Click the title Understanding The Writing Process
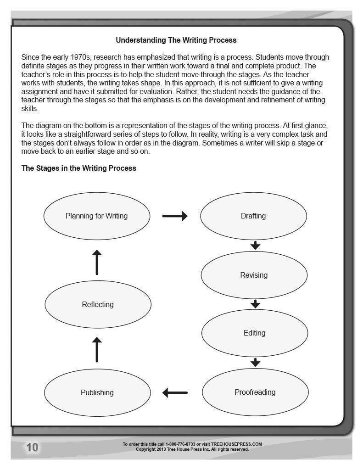(x=176, y=40)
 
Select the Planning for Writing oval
(x=96, y=216)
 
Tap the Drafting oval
(x=253, y=216)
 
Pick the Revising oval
(x=254, y=275)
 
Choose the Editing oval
(x=254, y=333)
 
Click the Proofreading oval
(x=255, y=392)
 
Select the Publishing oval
(x=97, y=392)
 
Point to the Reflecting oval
(x=98, y=304)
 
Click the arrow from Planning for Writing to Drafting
(x=175, y=216)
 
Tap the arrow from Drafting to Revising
(x=256, y=246)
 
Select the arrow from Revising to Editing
(x=256, y=304)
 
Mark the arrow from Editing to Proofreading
(x=256, y=362)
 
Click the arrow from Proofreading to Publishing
(x=175, y=392)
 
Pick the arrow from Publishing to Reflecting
(x=97, y=349)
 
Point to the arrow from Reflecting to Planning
(x=97, y=263)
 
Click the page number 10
(x=32, y=448)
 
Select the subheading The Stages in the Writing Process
(x=78, y=168)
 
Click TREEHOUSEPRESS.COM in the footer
(x=236, y=444)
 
